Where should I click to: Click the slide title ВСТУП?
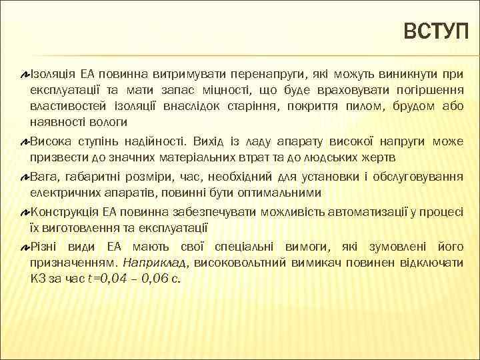(x=436, y=31)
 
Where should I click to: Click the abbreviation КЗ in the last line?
(x=37, y=279)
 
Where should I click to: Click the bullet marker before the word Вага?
(x=25, y=177)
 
